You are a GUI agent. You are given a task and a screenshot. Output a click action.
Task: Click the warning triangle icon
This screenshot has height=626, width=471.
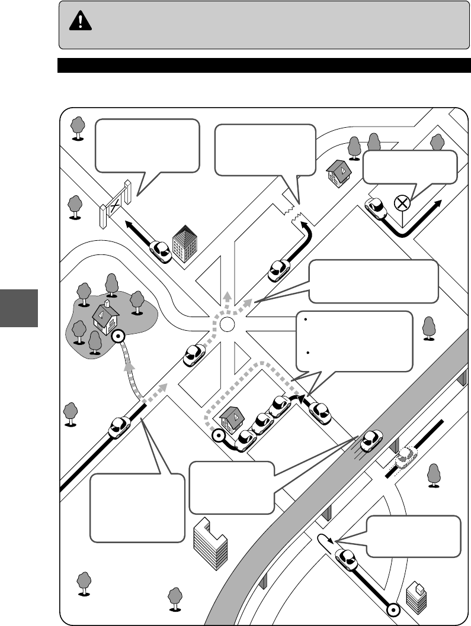78,21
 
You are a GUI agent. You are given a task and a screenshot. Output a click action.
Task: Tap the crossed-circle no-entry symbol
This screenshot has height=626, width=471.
402,203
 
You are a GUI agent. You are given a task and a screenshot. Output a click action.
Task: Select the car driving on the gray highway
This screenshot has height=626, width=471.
370,439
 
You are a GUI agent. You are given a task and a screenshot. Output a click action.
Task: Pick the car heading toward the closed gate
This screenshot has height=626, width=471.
160,251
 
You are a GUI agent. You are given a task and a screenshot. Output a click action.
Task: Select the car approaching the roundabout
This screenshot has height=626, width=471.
194,355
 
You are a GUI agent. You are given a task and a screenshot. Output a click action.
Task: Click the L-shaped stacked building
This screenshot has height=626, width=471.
210,542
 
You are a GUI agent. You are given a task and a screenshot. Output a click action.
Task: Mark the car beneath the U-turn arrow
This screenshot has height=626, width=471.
346,560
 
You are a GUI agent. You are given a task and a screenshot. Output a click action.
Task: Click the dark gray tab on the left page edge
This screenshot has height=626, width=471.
18,308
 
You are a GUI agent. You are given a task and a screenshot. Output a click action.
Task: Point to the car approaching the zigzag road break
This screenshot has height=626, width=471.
279,270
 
